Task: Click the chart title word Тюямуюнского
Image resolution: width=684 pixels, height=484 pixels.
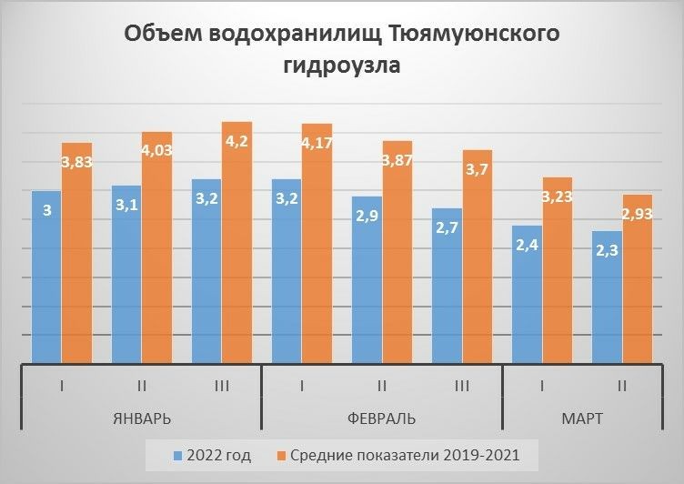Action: pyautogui.click(x=473, y=35)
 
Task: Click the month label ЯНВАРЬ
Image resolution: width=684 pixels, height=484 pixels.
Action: pyautogui.click(x=142, y=418)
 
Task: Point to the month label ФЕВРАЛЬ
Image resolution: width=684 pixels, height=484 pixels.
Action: pyautogui.click(x=382, y=418)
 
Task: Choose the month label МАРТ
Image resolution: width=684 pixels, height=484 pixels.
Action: pyautogui.click(x=583, y=418)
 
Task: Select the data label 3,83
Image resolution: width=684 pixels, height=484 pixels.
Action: pyautogui.click(x=77, y=162)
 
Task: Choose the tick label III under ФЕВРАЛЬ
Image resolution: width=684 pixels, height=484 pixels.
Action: pyautogui.click(x=461, y=386)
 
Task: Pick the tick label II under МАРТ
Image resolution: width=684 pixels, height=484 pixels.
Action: pyautogui.click(x=622, y=386)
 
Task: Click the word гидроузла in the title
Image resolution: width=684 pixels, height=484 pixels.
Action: pyautogui.click(x=342, y=66)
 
